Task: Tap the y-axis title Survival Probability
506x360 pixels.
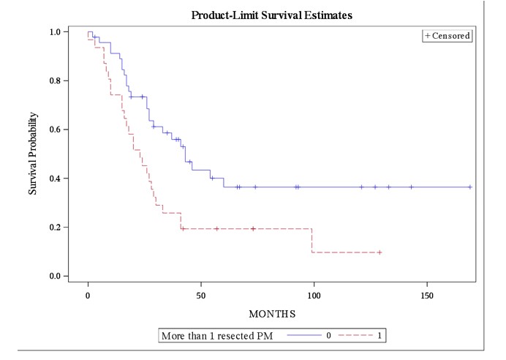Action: click(x=33, y=154)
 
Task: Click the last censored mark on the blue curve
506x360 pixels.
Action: click(x=469, y=187)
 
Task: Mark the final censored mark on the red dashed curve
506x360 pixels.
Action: click(x=379, y=252)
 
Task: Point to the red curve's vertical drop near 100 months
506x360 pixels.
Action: click(x=312, y=241)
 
